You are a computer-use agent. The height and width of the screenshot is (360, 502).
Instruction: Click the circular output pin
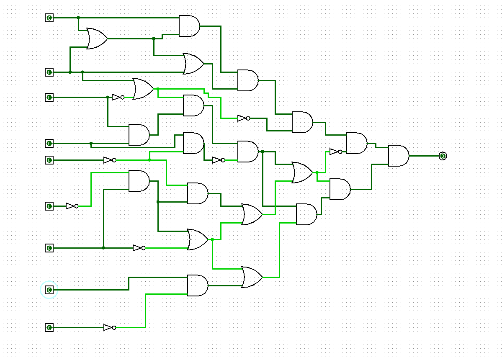(x=443, y=156)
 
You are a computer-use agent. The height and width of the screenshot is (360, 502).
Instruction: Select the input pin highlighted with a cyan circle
(x=49, y=290)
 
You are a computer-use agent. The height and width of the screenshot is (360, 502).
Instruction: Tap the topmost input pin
(x=49, y=18)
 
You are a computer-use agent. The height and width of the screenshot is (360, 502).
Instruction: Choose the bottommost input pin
(x=49, y=327)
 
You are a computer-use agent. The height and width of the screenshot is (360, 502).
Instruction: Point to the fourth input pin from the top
(x=49, y=143)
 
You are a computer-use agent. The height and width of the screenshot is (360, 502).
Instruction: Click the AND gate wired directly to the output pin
(x=398, y=156)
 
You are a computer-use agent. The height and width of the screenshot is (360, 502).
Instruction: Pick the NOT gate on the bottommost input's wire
(x=109, y=327)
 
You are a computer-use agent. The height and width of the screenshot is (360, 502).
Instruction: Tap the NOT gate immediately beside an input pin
(x=72, y=206)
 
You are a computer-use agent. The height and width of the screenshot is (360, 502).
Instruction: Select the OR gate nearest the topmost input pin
(x=96, y=39)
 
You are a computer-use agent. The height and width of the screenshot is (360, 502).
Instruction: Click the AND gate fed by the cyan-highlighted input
(x=197, y=285)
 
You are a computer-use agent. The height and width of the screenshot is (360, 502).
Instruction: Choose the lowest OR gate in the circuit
(x=251, y=277)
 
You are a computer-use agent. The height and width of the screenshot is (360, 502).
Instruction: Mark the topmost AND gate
(x=188, y=26)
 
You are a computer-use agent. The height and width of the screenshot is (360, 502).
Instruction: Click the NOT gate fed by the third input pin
(x=118, y=97)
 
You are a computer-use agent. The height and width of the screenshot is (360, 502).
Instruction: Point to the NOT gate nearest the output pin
(x=335, y=152)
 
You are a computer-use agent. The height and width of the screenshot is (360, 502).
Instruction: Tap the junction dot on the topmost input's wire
(x=78, y=18)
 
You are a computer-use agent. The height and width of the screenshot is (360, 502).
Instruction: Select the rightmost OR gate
(x=301, y=172)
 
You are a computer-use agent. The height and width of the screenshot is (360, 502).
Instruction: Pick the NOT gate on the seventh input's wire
(x=139, y=248)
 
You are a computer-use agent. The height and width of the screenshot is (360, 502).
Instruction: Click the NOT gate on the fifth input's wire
(x=109, y=160)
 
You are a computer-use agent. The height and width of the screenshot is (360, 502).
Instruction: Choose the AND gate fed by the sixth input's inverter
(x=138, y=181)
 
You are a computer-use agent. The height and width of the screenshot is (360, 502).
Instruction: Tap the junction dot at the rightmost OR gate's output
(x=317, y=172)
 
